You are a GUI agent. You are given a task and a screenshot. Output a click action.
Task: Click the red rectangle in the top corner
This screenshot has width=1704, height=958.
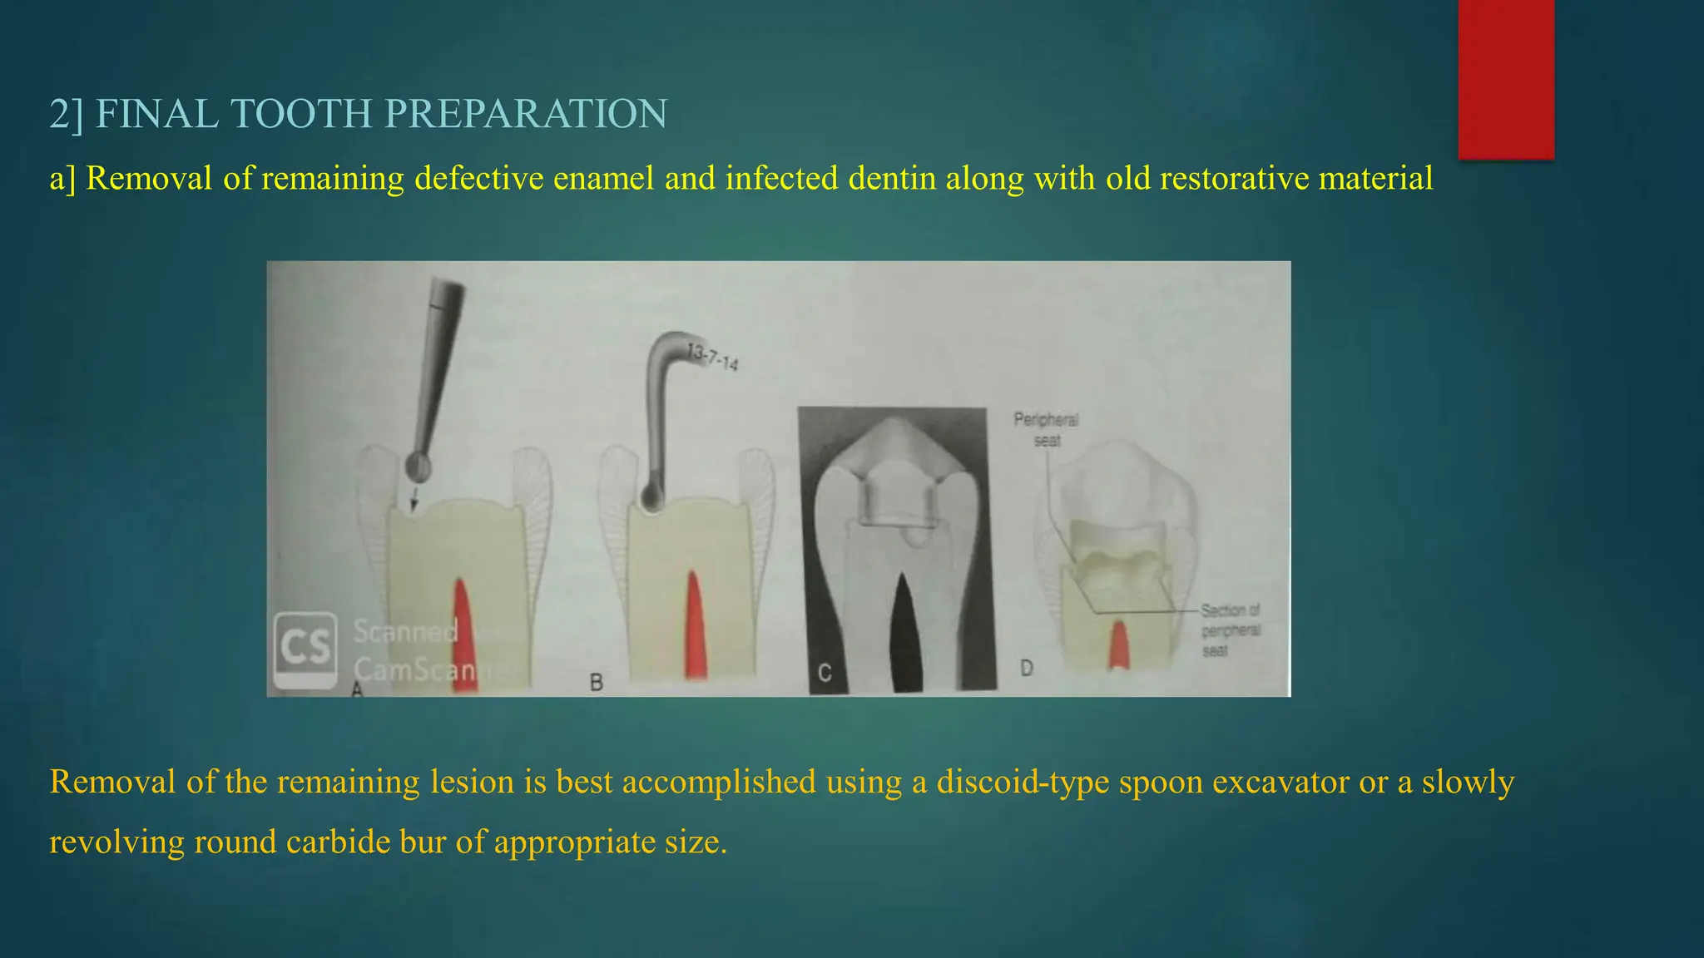coord(1506,79)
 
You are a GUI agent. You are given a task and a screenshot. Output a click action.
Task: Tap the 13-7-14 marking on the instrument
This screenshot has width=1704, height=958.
coord(712,358)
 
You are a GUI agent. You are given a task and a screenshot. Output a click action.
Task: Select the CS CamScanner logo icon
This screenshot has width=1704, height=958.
coord(305,649)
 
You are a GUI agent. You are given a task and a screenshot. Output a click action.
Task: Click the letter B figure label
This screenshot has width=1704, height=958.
coord(596,683)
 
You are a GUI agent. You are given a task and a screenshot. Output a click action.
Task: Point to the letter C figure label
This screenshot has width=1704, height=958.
coord(825,673)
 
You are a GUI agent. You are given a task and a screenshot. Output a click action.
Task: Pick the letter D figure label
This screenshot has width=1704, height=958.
coord(1026,668)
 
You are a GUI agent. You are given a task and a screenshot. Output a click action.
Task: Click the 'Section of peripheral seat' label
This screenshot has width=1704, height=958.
coord(1230,630)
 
